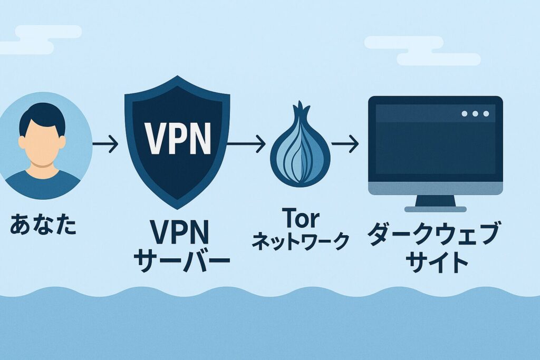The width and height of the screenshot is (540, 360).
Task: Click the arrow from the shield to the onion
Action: tap(246, 143)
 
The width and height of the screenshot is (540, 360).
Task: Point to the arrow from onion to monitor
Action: tap(347, 143)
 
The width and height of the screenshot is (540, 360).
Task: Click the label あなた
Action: tap(43, 226)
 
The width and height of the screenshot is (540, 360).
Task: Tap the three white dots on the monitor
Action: tap(475, 114)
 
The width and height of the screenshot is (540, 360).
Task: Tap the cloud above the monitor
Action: tap(422, 51)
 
